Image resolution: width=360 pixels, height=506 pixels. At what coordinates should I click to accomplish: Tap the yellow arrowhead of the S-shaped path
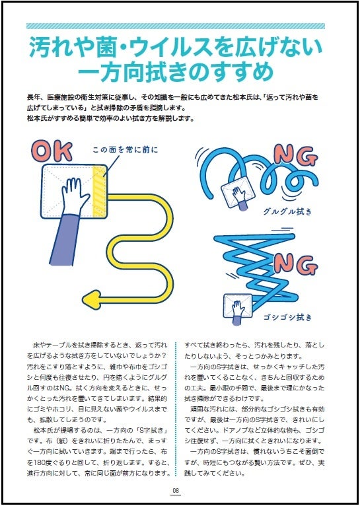coord(91,300)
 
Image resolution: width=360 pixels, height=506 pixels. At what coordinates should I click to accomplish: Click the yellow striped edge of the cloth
coord(99,192)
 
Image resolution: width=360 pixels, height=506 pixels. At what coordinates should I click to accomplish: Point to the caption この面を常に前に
coord(126,150)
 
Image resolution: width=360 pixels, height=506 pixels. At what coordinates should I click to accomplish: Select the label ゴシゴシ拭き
coord(288,317)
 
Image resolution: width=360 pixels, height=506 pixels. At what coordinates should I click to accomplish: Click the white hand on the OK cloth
coord(75,196)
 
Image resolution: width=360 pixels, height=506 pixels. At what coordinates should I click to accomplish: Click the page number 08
coord(176,491)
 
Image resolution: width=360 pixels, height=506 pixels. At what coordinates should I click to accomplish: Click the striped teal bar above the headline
coord(176,26)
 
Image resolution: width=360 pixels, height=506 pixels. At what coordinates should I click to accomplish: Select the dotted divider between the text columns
coord(176,408)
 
